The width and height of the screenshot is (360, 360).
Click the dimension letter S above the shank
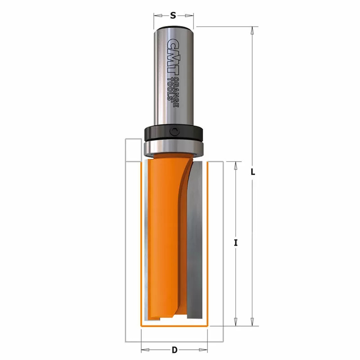(x=173, y=16)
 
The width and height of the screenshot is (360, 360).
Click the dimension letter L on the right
(x=253, y=172)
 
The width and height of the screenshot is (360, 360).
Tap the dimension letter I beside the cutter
(x=236, y=243)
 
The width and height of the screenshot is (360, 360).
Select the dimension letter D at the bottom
(x=175, y=350)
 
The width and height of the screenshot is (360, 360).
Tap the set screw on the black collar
(x=174, y=132)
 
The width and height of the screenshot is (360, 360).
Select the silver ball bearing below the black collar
(x=174, y=148)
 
